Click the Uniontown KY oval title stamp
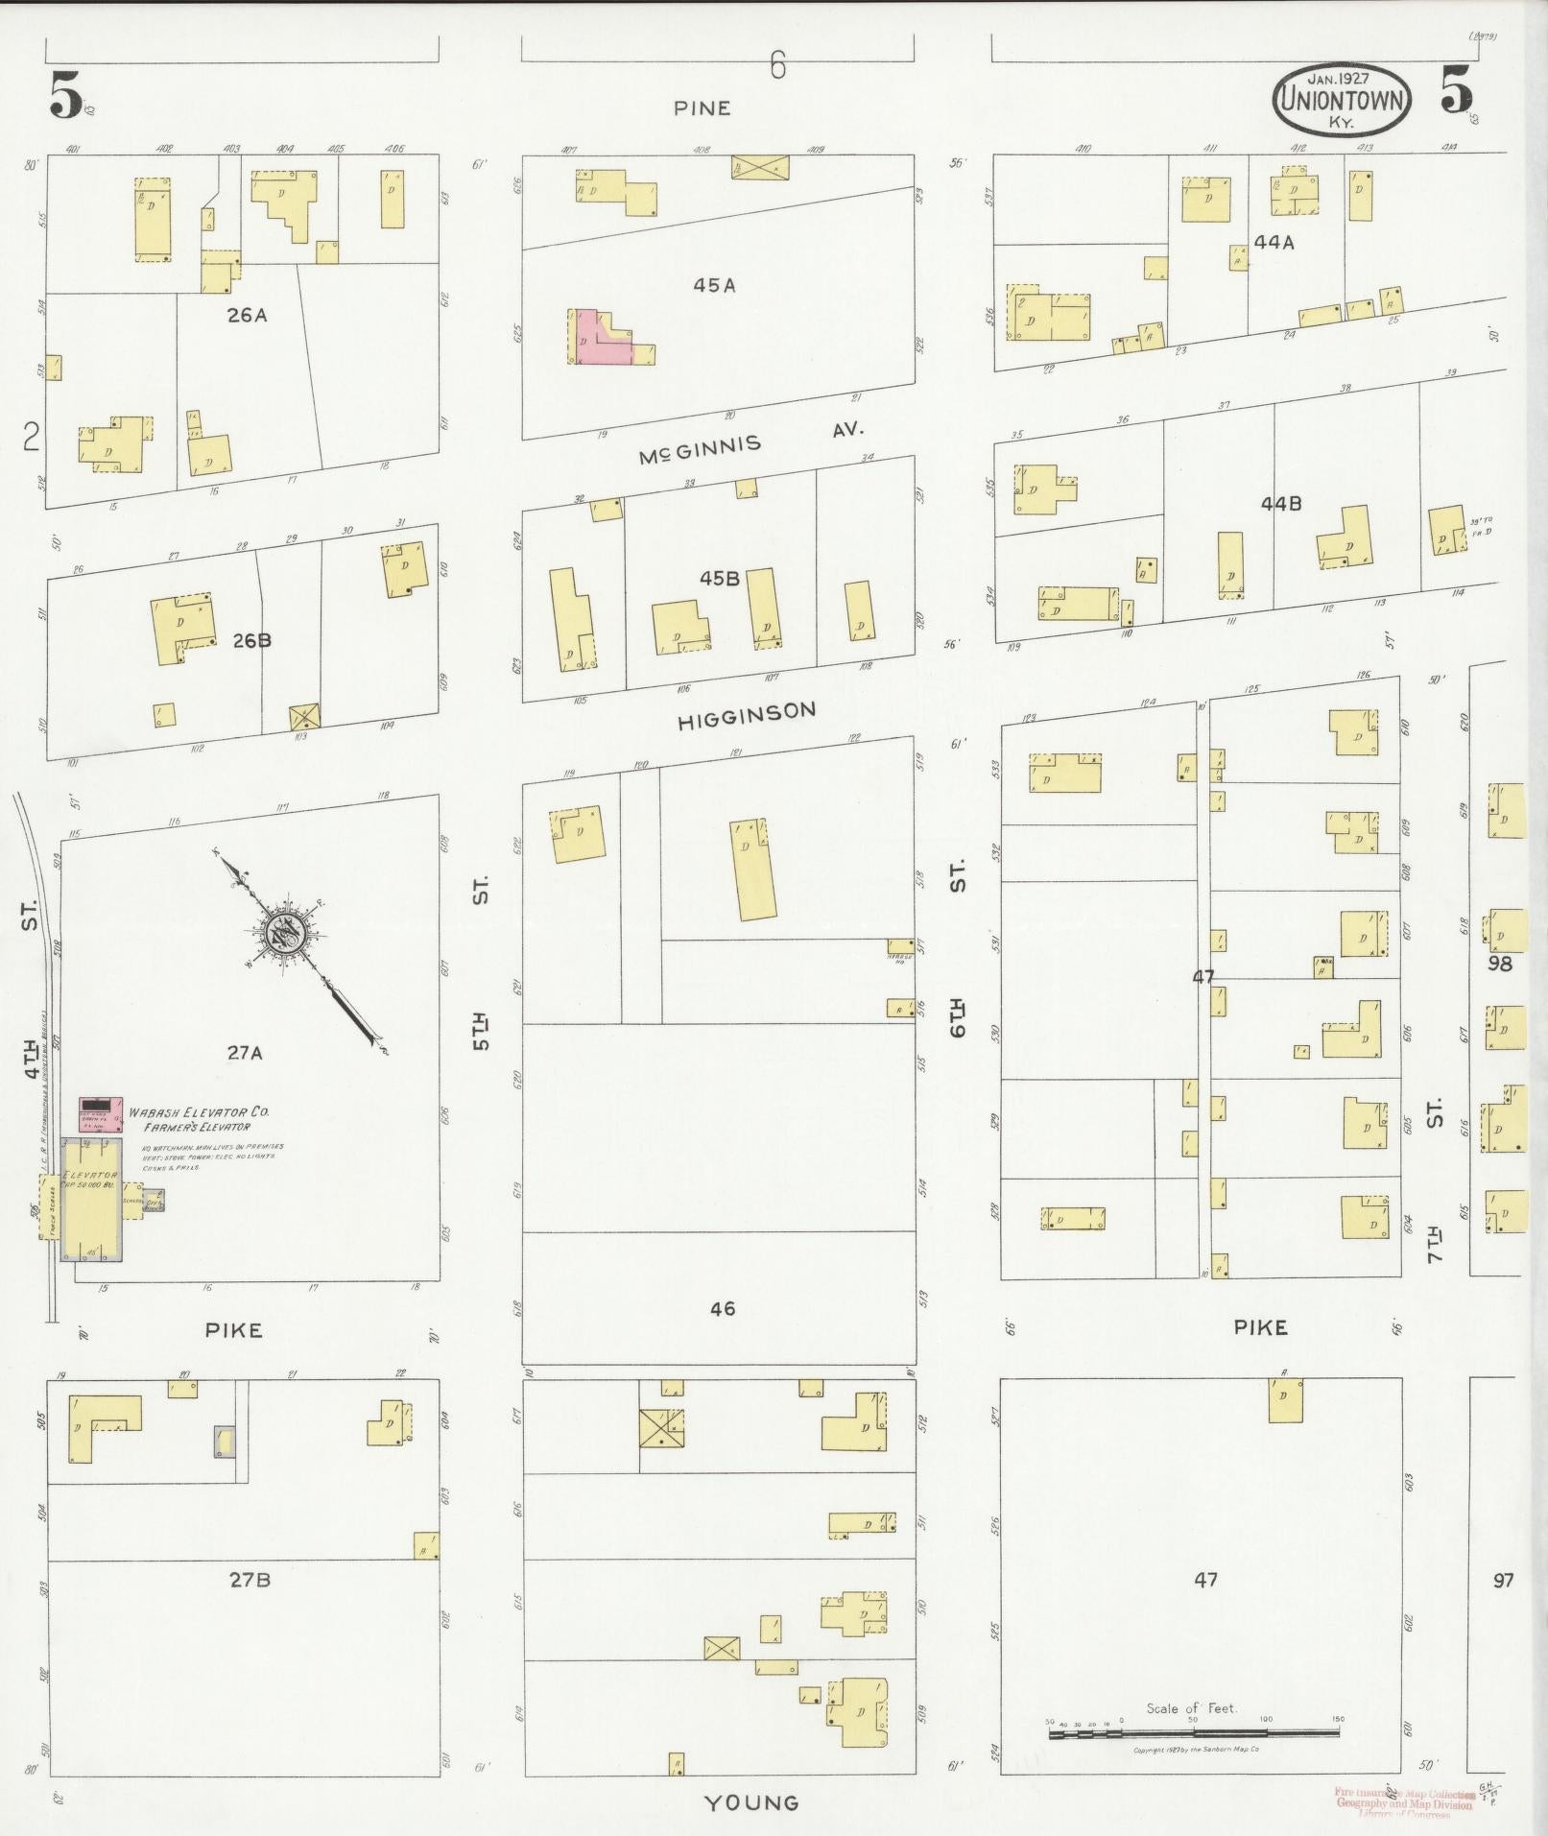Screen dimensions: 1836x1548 (1342, 99)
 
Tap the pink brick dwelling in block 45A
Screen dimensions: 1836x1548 (600, 338)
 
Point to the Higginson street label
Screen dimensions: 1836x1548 (747, 715)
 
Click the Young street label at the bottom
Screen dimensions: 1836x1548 (751, 1802)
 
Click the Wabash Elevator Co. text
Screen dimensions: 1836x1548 (200, 1111)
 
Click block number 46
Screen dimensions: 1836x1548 (722, 1308)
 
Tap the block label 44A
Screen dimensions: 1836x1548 (1274, 243)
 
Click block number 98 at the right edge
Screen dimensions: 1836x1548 (1499, 964)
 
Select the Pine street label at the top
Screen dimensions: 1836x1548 (702, 108)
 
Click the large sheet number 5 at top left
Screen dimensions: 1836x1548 (67, 96)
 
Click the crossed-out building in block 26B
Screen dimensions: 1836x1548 (304, 717)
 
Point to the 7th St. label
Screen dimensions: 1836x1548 (1434, 1180)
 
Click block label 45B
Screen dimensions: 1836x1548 (719, 578)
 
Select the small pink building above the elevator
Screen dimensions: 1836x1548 (100, 1113)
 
